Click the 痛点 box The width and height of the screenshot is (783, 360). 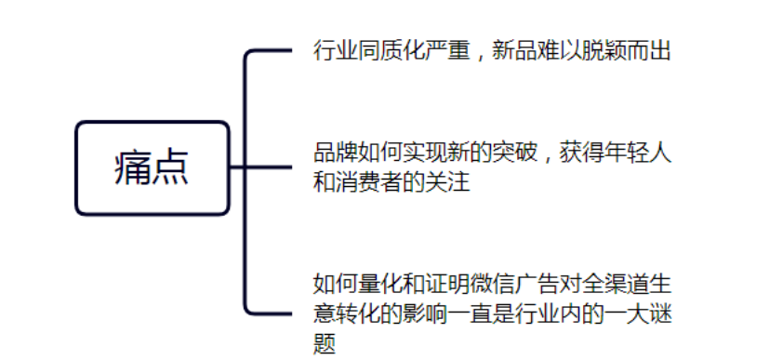152,168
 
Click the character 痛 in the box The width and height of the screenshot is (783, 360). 131,168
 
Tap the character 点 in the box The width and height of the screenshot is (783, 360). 172,168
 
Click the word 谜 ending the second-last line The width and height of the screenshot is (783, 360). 660,313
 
